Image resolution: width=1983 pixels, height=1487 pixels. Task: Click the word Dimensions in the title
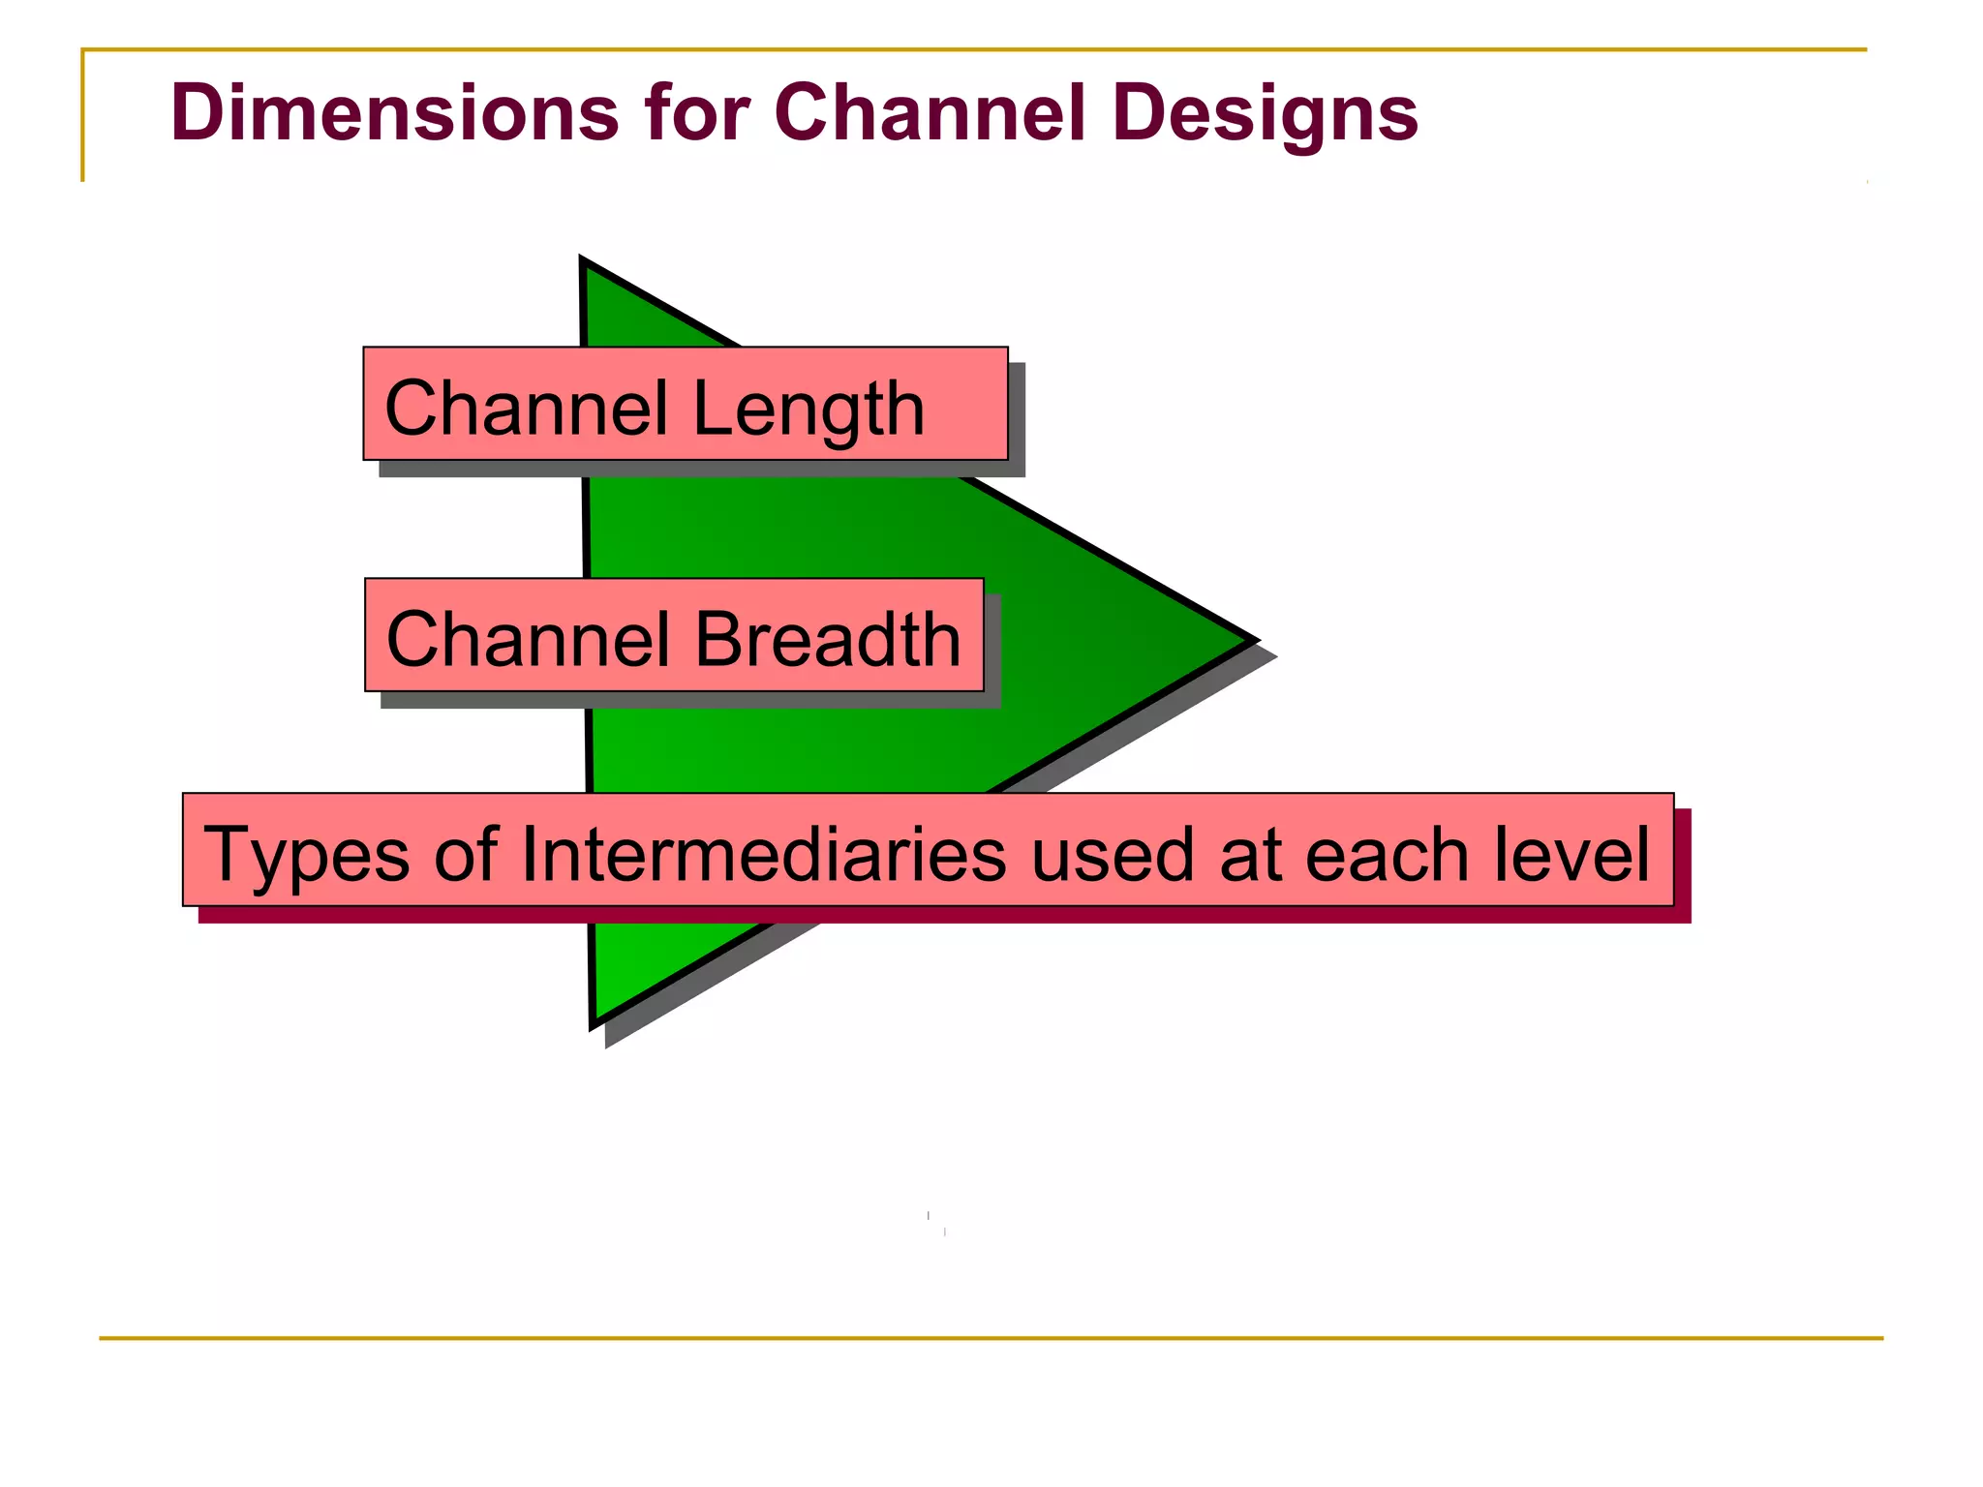[x=394, y=112]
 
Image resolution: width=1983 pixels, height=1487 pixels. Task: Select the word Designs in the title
[x=1266, y=114]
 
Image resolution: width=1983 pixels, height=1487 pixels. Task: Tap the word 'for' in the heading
[x=695, y=112]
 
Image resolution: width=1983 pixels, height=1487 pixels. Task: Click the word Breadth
[x=828, y=639]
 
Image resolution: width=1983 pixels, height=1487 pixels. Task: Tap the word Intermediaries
[x=764, y=854]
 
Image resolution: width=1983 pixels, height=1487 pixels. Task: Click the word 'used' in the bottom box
[x=1113, y=854]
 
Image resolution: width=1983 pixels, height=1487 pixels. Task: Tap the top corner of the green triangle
[x=584, y=263]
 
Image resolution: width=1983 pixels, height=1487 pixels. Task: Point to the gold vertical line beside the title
[x=82, y=116]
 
